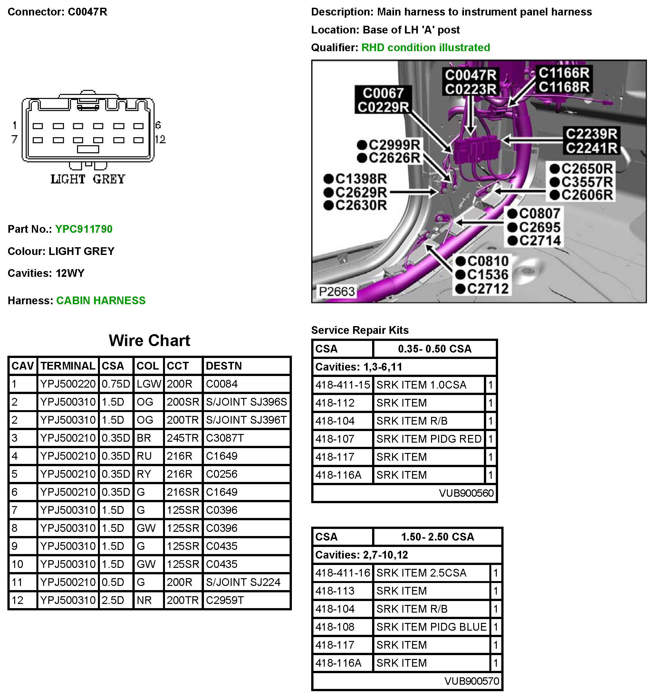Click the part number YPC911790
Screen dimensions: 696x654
click(84, 229)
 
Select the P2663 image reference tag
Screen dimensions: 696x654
click(336, 291)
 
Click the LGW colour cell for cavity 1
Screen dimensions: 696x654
click(149, 384)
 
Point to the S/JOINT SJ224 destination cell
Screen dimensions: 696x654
click(243, 582)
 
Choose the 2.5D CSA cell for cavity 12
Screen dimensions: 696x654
click(113, 600)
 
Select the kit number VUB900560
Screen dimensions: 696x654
click(466, 493)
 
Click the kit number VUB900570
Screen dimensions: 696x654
click(472, 681)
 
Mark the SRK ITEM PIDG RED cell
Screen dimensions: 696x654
click(429, 439)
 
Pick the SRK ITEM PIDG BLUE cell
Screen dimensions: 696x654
click(431, 627)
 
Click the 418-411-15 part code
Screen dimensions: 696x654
click(342, 385)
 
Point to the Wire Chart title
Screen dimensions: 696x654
click(149, 340)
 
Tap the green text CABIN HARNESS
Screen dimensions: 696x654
click(101, 300)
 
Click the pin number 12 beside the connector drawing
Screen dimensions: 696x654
click(160, 139)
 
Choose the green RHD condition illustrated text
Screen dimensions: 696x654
click(425, 47)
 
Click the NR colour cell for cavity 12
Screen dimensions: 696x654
click(144, 600)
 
